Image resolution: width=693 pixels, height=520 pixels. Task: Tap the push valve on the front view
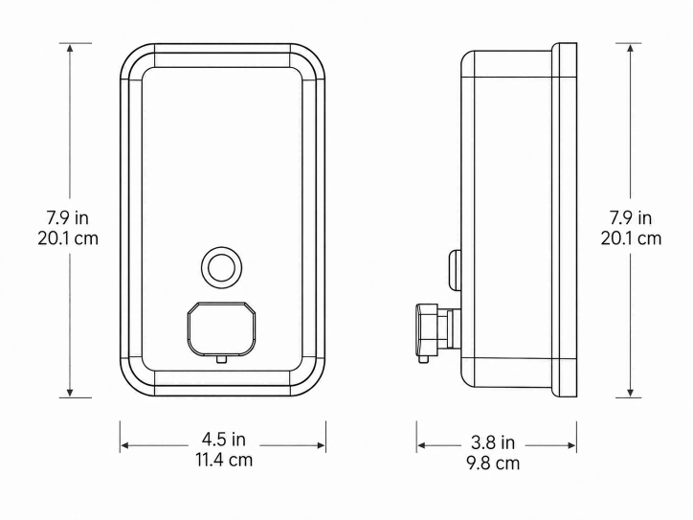[221, 328]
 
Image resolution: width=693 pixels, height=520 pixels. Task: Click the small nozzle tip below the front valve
[221, 359]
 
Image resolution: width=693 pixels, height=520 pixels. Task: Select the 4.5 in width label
[224, 440]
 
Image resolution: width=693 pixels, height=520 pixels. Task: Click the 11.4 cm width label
[224, 460]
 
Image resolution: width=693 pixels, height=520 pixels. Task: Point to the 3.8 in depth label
[493, 442]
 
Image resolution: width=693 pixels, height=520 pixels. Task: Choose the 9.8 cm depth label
[493, 463]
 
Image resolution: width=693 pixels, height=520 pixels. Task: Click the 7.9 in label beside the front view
[68, 217]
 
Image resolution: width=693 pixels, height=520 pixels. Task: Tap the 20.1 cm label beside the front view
[68, 238]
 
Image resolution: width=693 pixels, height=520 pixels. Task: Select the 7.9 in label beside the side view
[631, 217]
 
